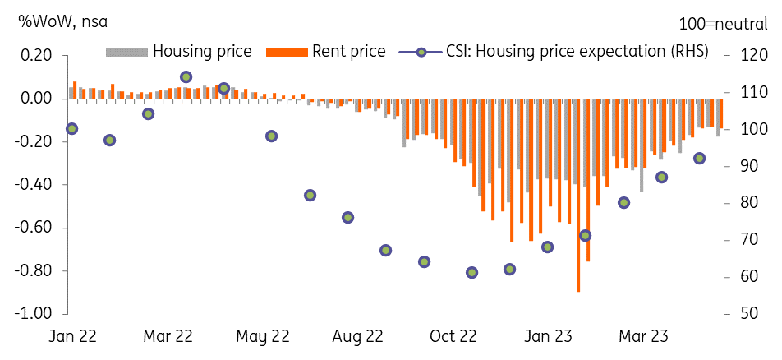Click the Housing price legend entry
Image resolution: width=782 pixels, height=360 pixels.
[x=178, y=52]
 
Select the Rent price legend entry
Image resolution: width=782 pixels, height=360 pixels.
[x=325, y=52]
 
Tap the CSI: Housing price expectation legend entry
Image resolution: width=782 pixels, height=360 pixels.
[x=554, y=52]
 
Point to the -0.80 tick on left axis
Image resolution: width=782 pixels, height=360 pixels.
[x=35, y=271]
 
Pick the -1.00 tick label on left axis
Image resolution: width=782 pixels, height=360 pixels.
[x=35, y=314]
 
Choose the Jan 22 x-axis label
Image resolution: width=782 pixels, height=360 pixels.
[x=73, y=337]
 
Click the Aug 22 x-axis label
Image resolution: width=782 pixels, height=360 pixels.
[x=358, y=337]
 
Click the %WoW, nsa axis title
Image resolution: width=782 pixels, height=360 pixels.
[x=62, y=22]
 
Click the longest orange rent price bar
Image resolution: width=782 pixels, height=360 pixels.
[x=578, y=196]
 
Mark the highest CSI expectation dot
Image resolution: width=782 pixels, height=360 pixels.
[x=186, y=77]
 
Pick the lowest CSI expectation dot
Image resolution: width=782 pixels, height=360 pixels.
[x=471, y=273]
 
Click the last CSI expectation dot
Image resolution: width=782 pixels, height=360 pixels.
[x=699, y=159]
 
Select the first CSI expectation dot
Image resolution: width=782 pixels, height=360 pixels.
[x=71, y=129]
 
